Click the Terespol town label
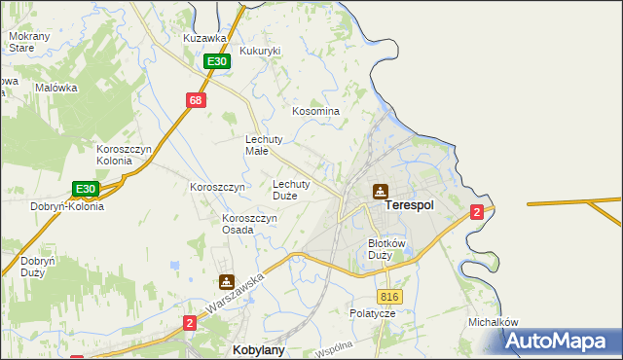(x=409, y=206)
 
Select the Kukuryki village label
(x=260, y=51)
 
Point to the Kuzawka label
(x=204, y=38)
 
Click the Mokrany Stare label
(x=21, y=41)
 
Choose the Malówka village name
(x=55, y=87)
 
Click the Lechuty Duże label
(x=291, y=189)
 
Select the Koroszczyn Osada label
(x=250, y=225)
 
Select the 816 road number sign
(x=389, y=296)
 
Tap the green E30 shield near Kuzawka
(x=216, y=61)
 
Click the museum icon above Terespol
(x=380, y=192)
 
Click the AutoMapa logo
(x=561, y=342)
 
